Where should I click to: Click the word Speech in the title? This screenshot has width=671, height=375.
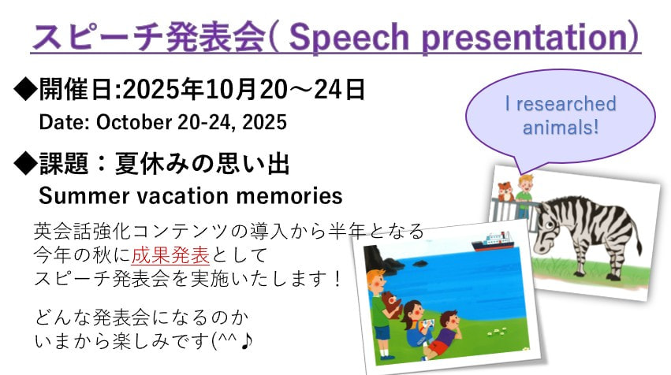[x=349, y=38]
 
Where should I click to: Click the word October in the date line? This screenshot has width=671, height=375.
[x=134, y=122]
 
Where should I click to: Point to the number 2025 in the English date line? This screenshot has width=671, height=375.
[x=264, y=122]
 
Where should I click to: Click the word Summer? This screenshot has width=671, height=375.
[x=84, y=196]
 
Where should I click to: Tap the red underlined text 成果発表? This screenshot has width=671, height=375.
[x=170, y=255]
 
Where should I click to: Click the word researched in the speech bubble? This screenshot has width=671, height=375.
[x=566, y=104]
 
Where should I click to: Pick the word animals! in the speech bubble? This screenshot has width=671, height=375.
[x=561, y=128]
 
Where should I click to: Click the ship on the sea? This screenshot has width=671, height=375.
[x=492, y=242]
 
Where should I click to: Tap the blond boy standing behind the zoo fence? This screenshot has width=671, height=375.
[x=524, y=194]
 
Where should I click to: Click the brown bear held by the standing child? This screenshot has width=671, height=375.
[x=391, y=303]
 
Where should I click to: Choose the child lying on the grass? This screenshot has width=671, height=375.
[x=441, y=336]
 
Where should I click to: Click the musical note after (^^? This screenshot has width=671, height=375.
[x=247, y=341]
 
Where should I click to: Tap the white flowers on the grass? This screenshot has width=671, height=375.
[x=498, y=332]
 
